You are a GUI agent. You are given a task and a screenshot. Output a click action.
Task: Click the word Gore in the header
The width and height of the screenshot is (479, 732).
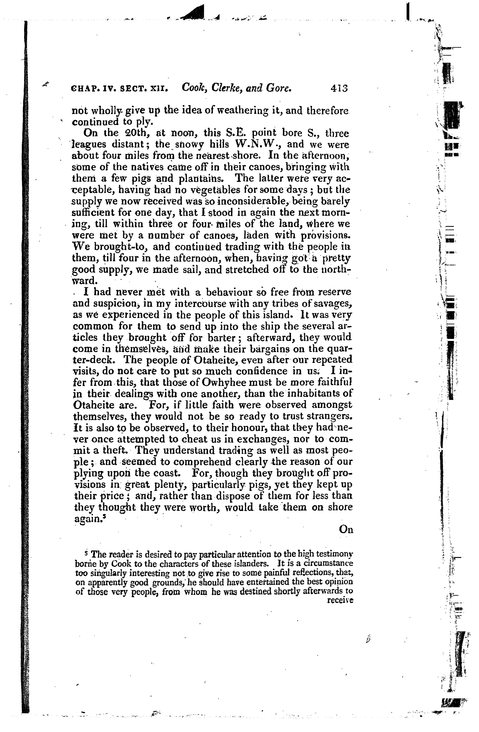[279, 89]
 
